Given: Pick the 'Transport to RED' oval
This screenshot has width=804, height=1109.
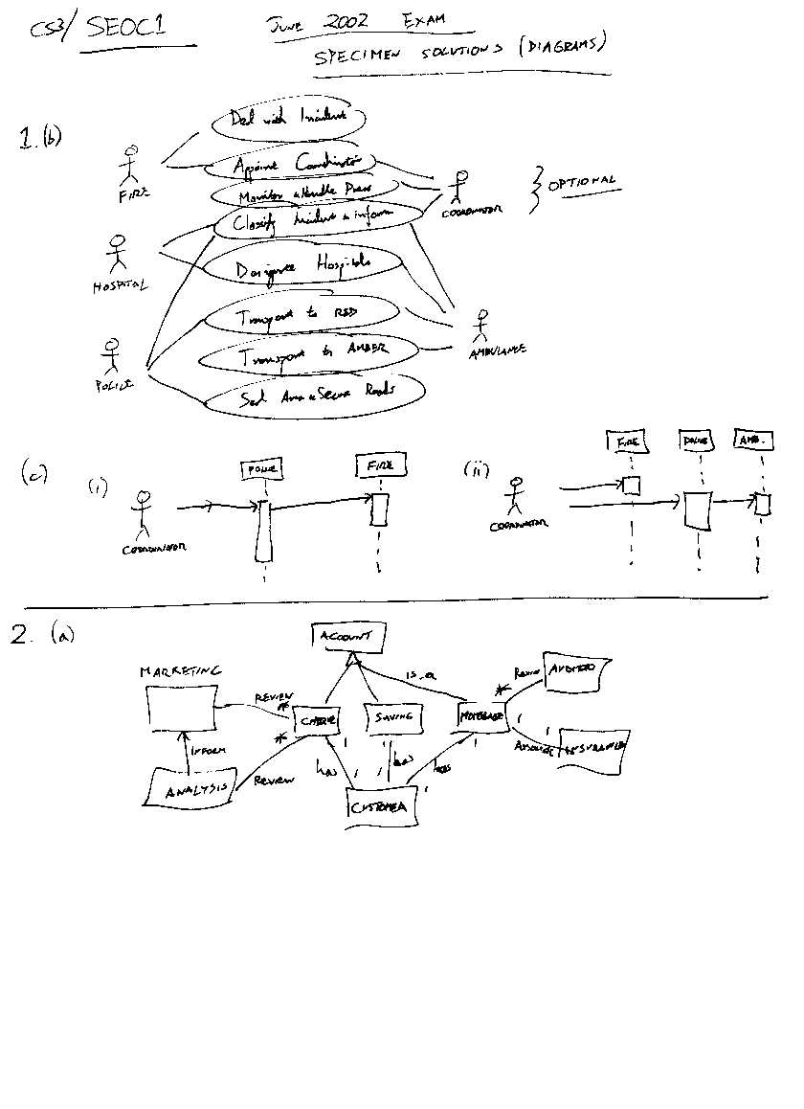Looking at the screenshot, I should click(x=299, y=314).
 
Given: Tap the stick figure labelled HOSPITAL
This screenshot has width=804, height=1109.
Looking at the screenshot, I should click(x=117, y=254).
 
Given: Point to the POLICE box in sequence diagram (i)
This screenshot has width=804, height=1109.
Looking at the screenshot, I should click(x=261, y=469).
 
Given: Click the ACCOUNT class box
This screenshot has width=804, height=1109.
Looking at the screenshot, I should click(x=348, y=636).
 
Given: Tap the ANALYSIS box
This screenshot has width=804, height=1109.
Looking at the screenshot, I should click(x=192, y=789).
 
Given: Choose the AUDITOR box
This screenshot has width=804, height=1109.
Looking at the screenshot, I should click(x=571, y=668).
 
